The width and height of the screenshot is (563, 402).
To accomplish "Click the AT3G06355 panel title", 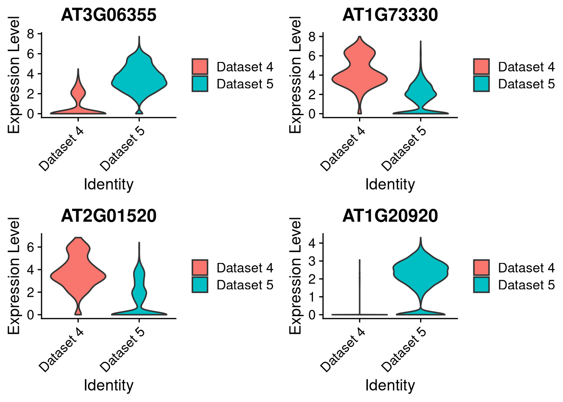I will tap(108, 15).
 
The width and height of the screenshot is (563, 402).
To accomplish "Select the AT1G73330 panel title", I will tap(390, 15).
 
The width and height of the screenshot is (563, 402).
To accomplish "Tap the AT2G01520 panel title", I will tap(108, 216).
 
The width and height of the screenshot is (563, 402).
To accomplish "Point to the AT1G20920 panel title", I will tap(390, 216).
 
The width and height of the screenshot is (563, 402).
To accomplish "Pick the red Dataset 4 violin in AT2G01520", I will tap(78, 272).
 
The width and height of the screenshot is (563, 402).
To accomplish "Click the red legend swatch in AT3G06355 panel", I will tap(200, 67).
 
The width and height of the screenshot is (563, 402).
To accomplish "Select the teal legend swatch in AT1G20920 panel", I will tap(481, 285).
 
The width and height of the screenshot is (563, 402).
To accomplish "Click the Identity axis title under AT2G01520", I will tap(108, 385).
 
